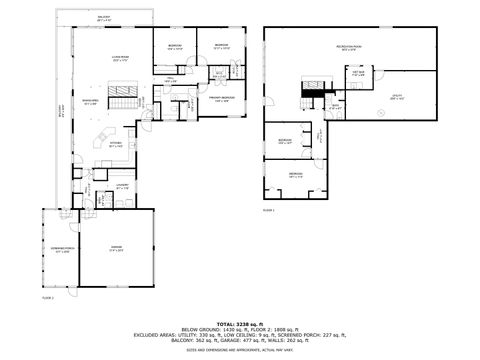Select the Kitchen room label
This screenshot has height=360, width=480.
click(116, 144)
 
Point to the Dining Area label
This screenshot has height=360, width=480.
click(89, 101)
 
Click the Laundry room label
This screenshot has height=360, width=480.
click(122, 186)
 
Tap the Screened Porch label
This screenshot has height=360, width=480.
click(62, 251)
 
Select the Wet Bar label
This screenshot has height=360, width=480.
click(357, 73)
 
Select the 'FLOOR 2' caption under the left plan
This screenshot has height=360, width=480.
click(48, 298)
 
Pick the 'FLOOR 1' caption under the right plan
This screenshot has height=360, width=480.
click(268, 210)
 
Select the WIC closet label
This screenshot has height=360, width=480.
click(219, 73)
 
